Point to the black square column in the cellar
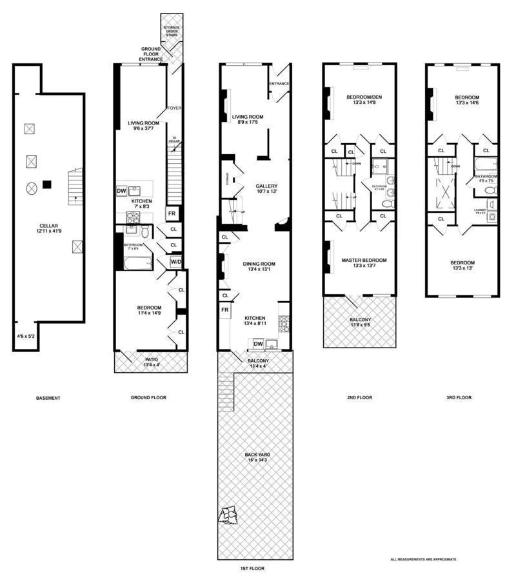[x=46, y=185]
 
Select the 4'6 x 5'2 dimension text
[x=26, y=336]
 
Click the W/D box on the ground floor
[x=175, y=262]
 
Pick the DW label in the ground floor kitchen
[x=121, y=191]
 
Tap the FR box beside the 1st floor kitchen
[x=225, y=310]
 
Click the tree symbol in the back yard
[x=228, y=515]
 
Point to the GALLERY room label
[x=265, y=188]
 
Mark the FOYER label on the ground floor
[x=174, y=108]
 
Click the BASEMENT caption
[x=48, y=398]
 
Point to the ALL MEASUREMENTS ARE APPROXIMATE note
[x=424, y=559]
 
